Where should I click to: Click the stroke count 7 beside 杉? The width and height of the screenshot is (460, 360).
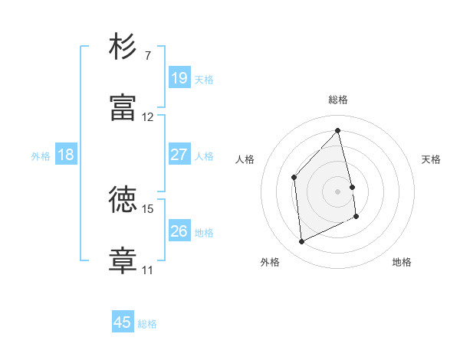pos(149,56)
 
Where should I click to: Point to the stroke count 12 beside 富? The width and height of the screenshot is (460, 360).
pos(148,117)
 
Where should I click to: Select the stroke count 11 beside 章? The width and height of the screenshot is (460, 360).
pos(147,270)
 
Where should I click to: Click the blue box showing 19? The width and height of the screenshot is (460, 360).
pos(179,77)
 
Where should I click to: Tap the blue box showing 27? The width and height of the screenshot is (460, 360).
pos(179,155)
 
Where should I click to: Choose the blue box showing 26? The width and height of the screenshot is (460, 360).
pos(179,231)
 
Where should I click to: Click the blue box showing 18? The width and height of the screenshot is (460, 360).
pos(66,155)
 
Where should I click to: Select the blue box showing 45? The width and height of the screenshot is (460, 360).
pos(123,322)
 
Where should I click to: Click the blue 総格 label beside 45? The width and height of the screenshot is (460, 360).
pos(147,324)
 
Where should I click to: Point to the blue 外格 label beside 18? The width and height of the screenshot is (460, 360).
pos(41,156)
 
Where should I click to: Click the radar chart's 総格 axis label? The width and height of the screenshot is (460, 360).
pos(338,100)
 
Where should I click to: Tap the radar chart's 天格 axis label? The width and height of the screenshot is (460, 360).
pos(432,159)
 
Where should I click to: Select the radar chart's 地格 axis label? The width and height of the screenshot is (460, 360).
pos(402,263)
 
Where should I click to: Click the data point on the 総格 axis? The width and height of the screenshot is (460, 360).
pos(338,130)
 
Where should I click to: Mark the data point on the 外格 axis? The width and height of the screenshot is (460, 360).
pos(302,242)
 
